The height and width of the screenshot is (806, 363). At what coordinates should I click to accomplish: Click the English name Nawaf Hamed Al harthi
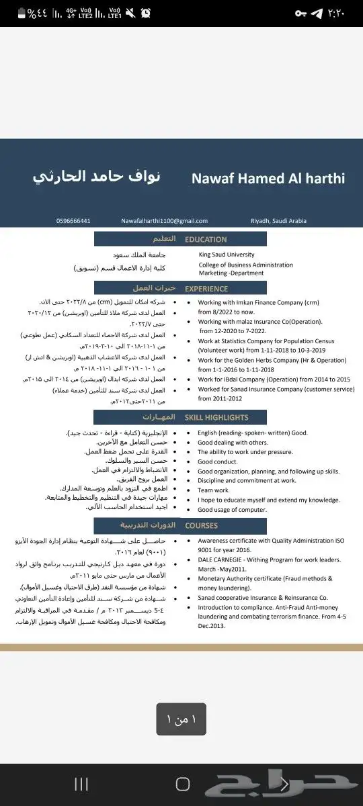tap(268, 179)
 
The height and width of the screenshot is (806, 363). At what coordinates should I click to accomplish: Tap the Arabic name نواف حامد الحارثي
tap(97, 177)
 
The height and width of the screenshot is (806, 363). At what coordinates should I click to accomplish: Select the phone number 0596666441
tap(73, 221)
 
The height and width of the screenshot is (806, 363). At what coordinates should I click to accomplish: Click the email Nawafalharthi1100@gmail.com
tap(164, 221)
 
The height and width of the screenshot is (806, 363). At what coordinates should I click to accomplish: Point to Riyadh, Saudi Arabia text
tap(278, 221)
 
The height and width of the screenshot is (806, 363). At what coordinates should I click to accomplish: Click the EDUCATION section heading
tap(206, 239)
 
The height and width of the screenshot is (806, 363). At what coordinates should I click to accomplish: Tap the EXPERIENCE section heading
tap(206, 289)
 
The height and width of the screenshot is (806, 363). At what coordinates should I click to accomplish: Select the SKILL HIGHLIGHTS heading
tap(216, 417)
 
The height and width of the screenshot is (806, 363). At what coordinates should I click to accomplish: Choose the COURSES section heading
tap(201, 525)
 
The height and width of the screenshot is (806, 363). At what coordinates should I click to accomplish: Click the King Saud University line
tap(227, 255)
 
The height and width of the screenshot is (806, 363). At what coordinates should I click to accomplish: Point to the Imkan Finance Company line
tap(259, 302)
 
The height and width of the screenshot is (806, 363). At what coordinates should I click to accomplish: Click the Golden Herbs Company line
tap(272, 360)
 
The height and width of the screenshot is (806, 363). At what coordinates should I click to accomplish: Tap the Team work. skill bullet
tap(214, 490)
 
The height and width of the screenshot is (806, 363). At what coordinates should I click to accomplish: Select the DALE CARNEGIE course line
tap(269, 559)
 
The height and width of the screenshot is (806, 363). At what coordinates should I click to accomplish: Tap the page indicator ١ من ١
tap(182, 719)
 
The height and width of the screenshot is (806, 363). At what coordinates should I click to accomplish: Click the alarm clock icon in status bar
tap(146, 13)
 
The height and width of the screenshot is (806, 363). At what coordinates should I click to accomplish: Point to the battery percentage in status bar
tap(40, 13)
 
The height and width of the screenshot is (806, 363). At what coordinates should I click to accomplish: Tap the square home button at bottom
tap(182, 784)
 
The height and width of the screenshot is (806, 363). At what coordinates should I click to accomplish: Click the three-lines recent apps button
tap(81, 784)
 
